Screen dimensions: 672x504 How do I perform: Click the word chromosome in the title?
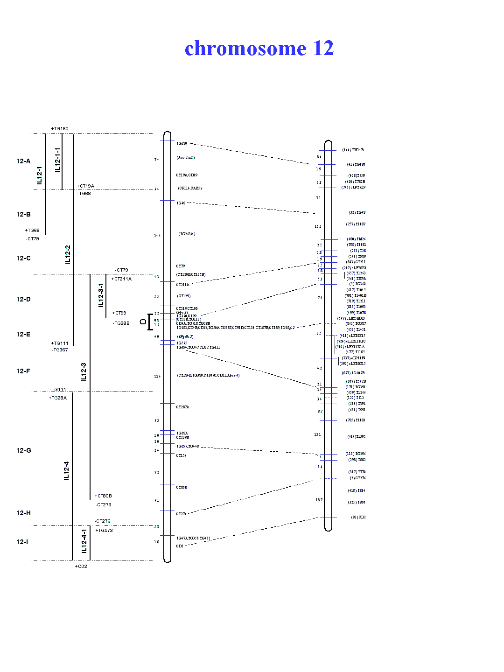[x=245, y=49]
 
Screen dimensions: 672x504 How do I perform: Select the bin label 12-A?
[x=23, y=161]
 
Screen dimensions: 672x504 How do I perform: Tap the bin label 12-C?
[x=23, y=259]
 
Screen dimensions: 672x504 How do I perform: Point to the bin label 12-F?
[x=23, y=371]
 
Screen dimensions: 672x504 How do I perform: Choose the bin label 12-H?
[x=23, y=513]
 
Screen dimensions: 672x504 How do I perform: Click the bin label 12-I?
[x=22, y=542]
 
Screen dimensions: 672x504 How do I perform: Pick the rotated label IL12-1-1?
[x=57, y=160]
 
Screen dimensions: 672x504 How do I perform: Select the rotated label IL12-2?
[x=68, y=254]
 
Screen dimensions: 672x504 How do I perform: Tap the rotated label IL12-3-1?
[x=101, y=295]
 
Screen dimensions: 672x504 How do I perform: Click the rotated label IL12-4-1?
[x=84, y=541]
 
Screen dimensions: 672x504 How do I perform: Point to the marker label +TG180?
[x=60, y=129]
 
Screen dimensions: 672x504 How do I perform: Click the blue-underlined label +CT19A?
[x=85, y=186]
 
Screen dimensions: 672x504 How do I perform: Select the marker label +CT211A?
[x=121, y=279]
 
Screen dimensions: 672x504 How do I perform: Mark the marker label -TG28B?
[x=121, y=323]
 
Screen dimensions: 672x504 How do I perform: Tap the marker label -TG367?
[x=60, y=350]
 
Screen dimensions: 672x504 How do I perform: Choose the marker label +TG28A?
[x=58, y=398]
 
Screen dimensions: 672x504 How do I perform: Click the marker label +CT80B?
[x=103, y=496]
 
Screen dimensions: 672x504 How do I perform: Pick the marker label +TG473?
[x=104, y=531]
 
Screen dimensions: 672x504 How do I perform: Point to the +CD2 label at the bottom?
[x=81, y=567]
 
